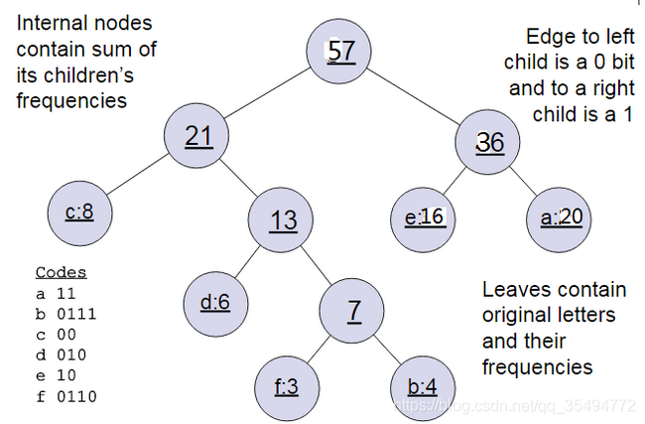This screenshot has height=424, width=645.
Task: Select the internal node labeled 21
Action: (199, 136)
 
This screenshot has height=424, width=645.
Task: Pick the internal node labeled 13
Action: (283, 218)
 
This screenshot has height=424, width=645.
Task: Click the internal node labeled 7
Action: (353, 309)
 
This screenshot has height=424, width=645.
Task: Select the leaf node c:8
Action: (79, 212)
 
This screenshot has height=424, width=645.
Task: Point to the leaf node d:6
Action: (214, 301)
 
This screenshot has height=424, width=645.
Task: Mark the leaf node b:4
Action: (423, 386)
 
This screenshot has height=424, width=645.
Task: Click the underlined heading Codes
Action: (61, 272)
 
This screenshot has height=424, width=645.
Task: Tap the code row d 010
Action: (63, 355)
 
